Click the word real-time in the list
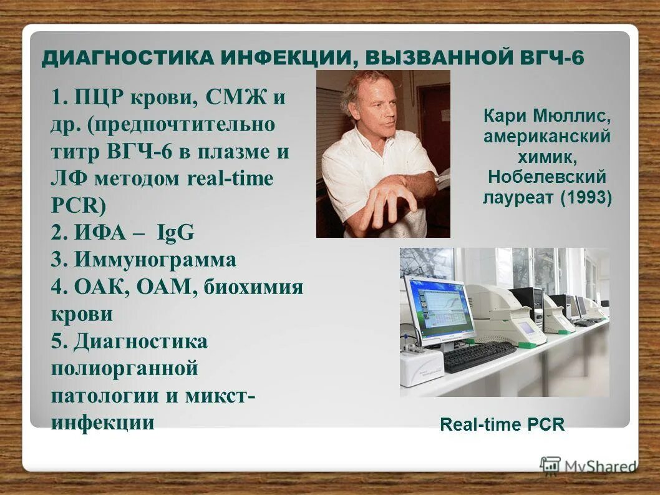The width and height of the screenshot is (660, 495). [x=230, y=179]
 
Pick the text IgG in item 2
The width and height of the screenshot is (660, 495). [x=177, y=233]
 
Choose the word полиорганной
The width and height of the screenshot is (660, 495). [x=124, y=368]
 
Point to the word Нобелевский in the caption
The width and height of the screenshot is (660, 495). [x=547, y=177]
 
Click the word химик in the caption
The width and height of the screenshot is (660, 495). [x=546, y=157]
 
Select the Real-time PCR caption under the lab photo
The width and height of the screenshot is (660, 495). [x=502, y=425]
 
